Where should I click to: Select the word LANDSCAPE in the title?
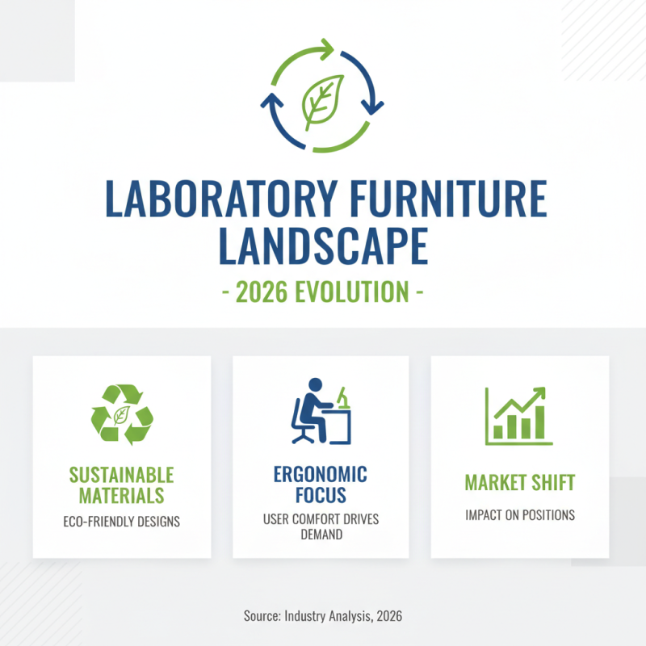click(323, 245)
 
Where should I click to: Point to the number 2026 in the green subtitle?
click(264, 291)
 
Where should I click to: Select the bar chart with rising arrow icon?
click(518, 415)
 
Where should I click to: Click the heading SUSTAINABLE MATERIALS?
click(122, 484)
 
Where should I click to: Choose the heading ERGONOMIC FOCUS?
click(321, 484)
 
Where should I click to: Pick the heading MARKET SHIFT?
click(519, 483)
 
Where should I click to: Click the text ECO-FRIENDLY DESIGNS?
click(122, 522)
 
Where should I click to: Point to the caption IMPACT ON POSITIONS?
click(519, 515)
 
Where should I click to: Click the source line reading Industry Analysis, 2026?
click(323, 615)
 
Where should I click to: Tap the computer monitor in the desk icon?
click(343, 397)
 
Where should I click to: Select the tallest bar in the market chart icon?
click(540, 421)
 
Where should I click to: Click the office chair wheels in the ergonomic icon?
click(304, 438)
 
